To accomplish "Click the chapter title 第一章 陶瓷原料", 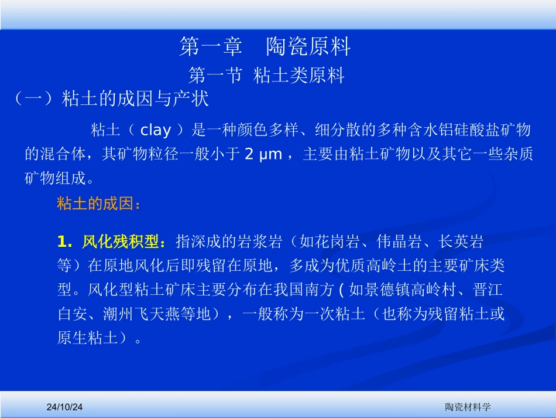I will pyautogui.click(x=265, y=47).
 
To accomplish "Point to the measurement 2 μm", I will pyautogui.click(x=263, y=155).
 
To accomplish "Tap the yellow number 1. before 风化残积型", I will pyautogui.click(x=65, y=242).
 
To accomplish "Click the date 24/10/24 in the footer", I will pyautogui.click(x=66, y=406).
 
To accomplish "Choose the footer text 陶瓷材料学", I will pyautogui.click(x=468, y=406).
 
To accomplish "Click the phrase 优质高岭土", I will pyautogui.click(x=382, y=266).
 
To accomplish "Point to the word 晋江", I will pyautogui.click(x=490, y=290).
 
